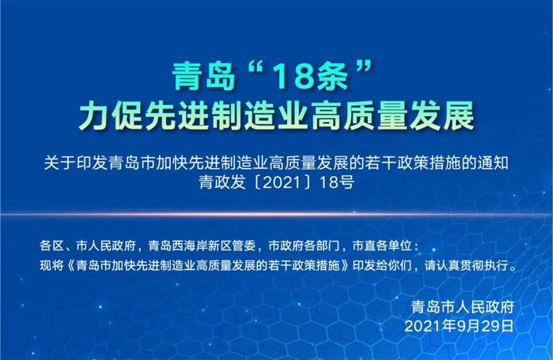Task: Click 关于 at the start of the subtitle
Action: pyautogui.click(x=59, y=163)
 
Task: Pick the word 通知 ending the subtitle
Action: pyautogui.click(x=493, y=163)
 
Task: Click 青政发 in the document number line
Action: pyautogui.click(x=222, y=182)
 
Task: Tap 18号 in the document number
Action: pyautogui.click(x=337, y=182)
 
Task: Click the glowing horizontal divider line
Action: pyautogui.click(x=276, y=214)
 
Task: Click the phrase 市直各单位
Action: pyautogui.click(x=382, y=245)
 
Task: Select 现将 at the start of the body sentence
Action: pyautogui.click(x=51, y=265)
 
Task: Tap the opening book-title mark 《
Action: pyautogui.click(x=70, y=265)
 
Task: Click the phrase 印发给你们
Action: pyautogui.click(x=382, y=265)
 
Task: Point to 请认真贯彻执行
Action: pyautogui.click(x=465, y=265)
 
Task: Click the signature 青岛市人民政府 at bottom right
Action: pyautogui.click(x=462, y=307)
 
